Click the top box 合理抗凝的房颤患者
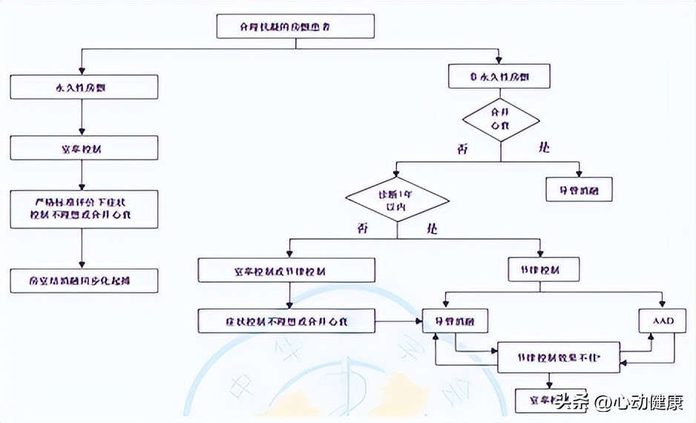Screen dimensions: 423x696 click(295, 26)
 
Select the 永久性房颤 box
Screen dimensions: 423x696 click(84, 88)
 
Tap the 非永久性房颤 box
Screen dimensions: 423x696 click(499, 76)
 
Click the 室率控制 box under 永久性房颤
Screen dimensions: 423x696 click(84, 148)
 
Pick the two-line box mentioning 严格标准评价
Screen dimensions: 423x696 click(84, 209)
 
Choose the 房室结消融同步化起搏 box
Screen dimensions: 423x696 click(84, 280)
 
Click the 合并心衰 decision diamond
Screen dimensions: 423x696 click(501, 119)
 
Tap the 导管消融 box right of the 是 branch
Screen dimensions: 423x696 click(580, 190)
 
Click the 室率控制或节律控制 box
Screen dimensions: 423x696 click(286, 270)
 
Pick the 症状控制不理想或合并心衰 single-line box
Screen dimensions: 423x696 click(286, 321)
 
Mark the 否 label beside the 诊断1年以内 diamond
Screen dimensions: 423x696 click(363, 229)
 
